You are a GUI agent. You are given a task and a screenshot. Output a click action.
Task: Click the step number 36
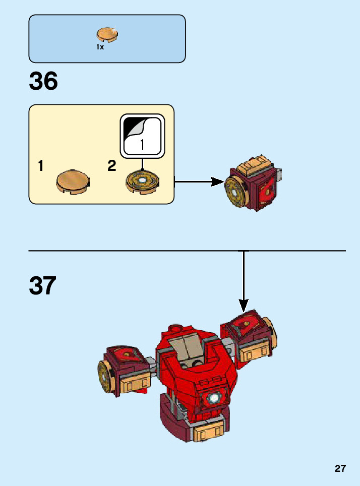43,81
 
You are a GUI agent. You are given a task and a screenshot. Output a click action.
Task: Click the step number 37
43,286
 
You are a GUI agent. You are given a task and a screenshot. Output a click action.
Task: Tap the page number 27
340,468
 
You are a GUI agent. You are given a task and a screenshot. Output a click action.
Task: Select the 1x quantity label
100,47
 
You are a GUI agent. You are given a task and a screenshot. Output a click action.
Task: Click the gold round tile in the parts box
107,34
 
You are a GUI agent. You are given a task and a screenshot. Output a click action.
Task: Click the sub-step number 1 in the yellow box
40,166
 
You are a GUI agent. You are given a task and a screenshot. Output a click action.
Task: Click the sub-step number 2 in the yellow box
112,166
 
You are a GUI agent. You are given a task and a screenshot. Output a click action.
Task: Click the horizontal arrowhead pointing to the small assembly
218,181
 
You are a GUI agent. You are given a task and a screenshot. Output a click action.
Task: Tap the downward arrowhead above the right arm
244,305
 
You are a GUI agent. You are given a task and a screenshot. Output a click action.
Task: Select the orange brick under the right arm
255,352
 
